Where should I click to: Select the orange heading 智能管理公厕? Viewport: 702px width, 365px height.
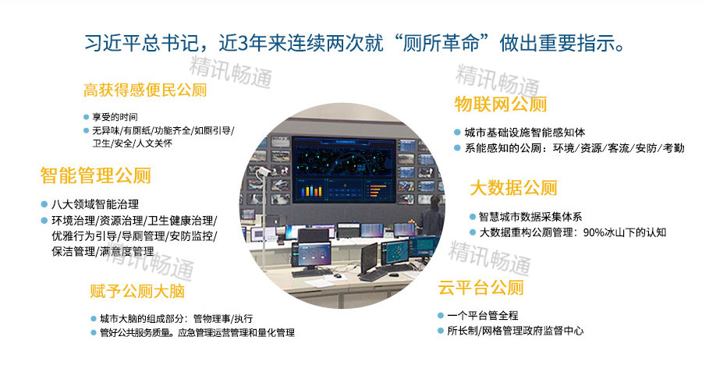point(95,175)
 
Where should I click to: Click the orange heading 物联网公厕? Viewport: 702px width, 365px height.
point(500,105)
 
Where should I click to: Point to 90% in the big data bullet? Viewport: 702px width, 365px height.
point(595,232)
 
